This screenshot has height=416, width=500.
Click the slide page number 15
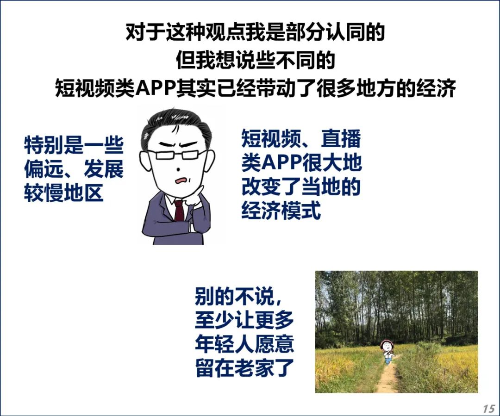[489, 409]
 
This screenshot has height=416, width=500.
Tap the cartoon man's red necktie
[179, 211]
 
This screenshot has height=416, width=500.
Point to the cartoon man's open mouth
[182, 180]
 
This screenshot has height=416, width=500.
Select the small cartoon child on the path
[387, 352]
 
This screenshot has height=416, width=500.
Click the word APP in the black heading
[156, 88]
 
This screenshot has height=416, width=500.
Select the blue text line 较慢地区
[64, 193]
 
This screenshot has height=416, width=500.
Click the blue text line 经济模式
[281, 211]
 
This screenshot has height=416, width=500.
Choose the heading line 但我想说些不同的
[256, 60]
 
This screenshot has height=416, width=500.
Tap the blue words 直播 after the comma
[341, 138]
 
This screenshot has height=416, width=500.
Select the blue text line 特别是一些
[74, 145]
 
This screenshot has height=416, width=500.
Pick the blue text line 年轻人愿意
[244, 344]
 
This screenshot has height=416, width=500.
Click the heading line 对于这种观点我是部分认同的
[255, 32]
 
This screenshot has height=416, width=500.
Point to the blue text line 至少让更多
[244, 320]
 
